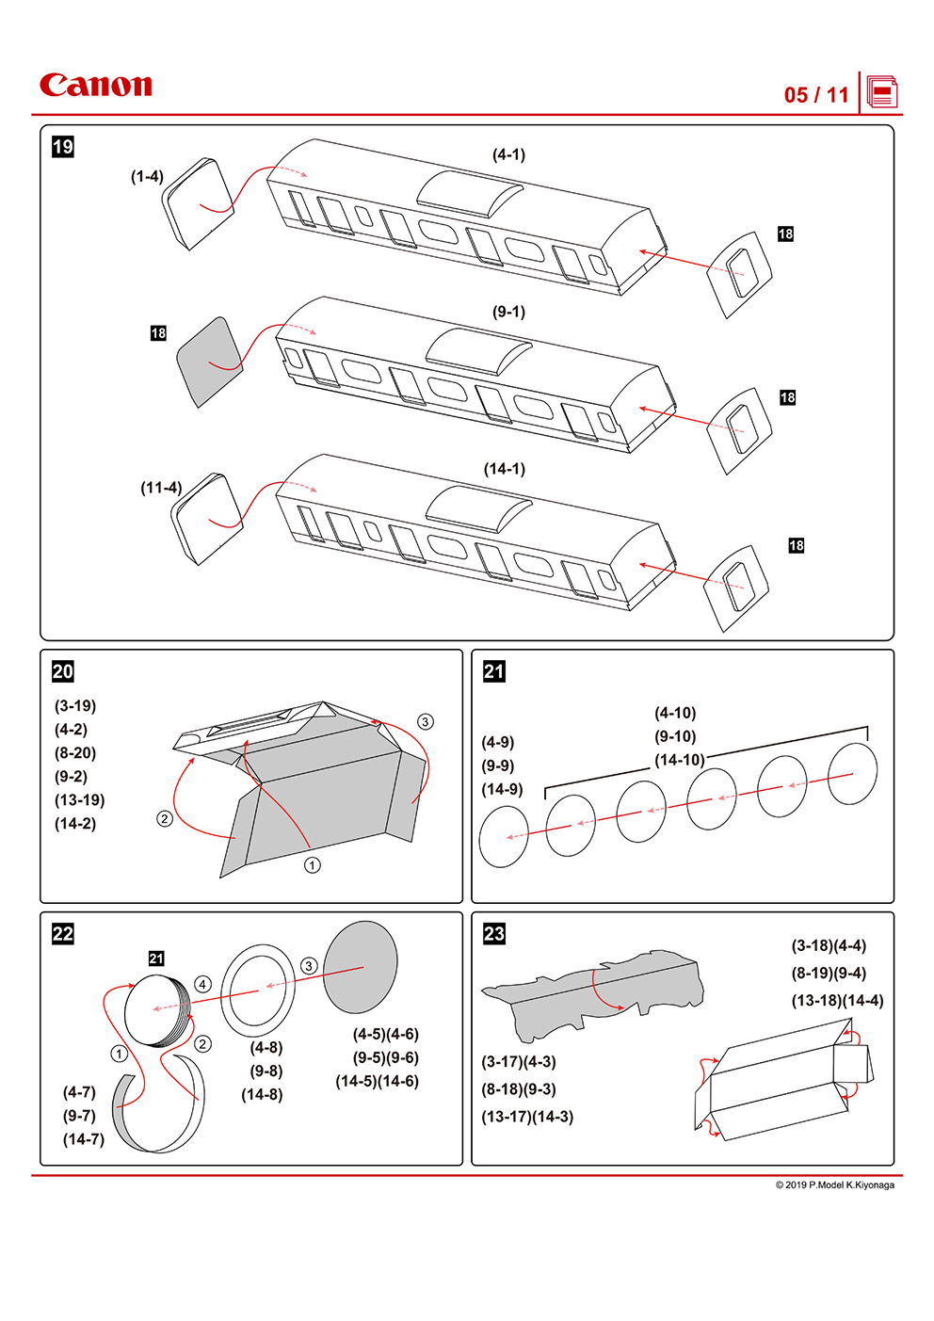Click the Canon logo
95,86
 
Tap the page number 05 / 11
816,95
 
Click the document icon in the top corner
881,93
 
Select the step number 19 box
63,147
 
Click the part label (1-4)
147,176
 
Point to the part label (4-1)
508,154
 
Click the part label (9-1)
508,312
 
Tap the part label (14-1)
505,469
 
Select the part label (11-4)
161,488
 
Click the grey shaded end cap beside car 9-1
209,362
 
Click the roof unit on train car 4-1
469,193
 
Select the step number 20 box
63,671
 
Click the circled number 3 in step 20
426,722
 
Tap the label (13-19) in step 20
79,800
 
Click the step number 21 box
494,671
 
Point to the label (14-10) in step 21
679,760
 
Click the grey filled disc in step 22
360,967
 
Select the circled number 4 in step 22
202,984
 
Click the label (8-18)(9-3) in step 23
519,1089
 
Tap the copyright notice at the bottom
834,1184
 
